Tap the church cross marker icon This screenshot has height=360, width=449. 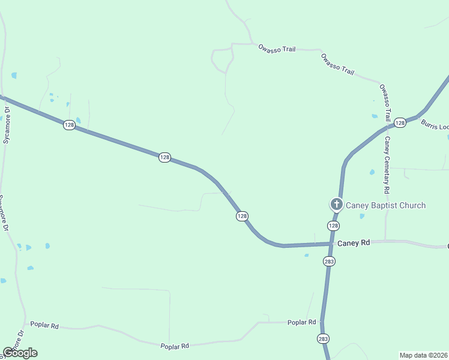tap(337, 205)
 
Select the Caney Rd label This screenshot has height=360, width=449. tap(354, 243)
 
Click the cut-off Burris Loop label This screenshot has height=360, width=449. tap(435, 125)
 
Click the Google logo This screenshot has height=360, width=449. tap(20, 353)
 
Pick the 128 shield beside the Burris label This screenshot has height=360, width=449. tap(400, 122)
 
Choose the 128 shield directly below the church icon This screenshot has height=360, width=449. tap(334, 226)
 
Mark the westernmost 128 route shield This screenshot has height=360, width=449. tap(69, 125)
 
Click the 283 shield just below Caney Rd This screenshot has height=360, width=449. tap(329, 261)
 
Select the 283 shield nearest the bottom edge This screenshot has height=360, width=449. tap(323, 338)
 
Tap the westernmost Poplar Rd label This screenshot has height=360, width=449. tap(46, 326)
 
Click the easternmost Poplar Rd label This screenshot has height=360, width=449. tap(301, 322)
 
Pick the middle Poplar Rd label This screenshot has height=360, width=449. tap(175, 346)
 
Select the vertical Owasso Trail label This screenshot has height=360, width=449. tap(385, 103)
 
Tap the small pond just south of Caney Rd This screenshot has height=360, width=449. tap(306, 255)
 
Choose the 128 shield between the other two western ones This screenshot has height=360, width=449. tap(164, 157)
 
